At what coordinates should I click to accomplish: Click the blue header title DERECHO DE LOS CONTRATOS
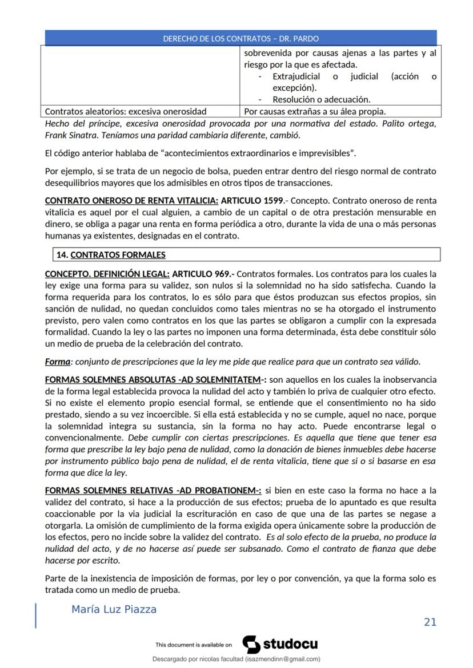point(240,39)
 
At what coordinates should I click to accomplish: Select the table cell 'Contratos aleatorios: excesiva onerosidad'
point(126,111)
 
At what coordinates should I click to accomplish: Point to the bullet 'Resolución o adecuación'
point(321,99)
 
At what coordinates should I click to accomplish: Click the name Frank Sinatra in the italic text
point(69,135)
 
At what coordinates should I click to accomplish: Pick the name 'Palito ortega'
point(407,124)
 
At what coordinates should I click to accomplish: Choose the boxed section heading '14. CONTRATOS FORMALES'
point(111,254)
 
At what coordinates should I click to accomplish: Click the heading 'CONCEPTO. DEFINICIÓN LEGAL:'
point(107,274)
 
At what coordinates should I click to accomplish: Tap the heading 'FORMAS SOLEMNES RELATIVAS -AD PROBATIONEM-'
point(153,490)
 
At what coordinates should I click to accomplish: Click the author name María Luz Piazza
point(114,609)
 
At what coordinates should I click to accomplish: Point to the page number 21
point(430,622)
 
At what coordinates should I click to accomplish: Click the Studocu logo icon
point(251,644)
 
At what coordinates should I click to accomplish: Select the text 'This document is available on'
point(193,645)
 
